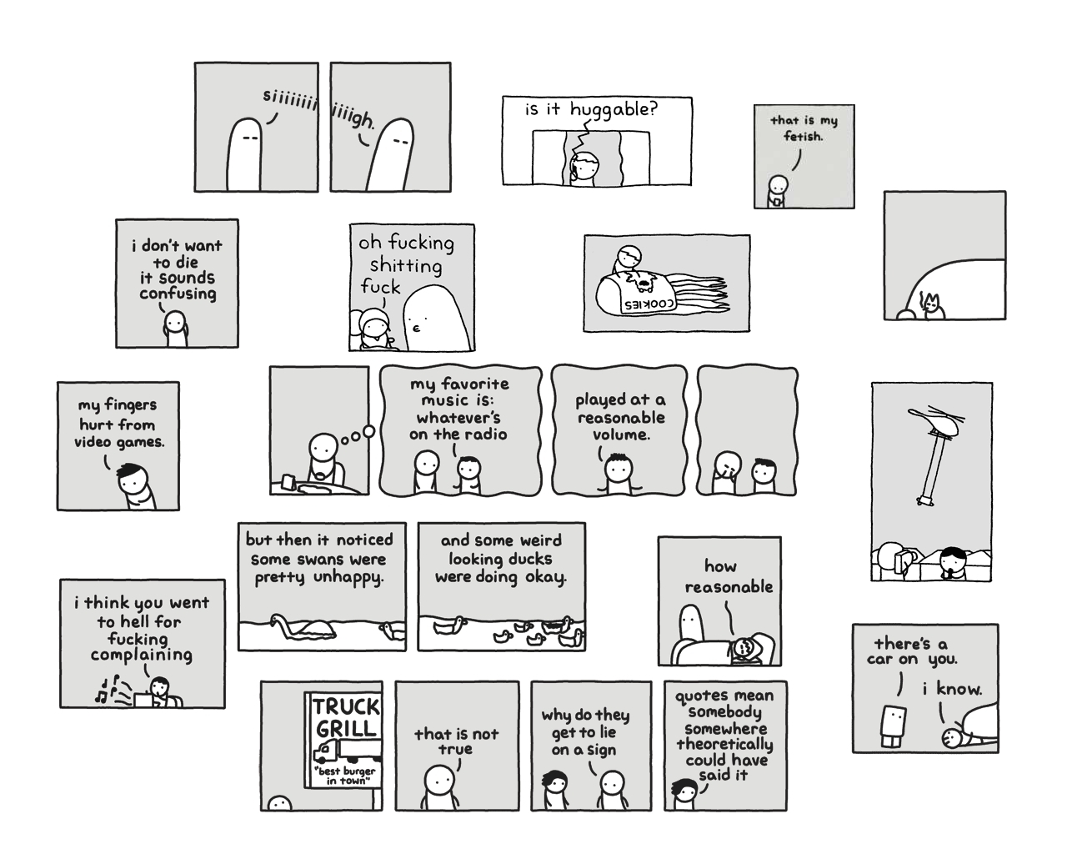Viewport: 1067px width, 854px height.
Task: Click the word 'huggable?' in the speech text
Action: [x=614, y=109]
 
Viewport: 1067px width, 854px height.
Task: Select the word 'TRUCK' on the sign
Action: [x=346, y=706]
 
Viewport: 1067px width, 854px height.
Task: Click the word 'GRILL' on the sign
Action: [x=346, y=728]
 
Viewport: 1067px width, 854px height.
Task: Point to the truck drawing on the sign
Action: [x=347, y=751]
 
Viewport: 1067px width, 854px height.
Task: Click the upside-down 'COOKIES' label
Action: [x=649, y=304]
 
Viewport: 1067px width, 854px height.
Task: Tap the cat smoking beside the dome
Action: [x=933, y=306]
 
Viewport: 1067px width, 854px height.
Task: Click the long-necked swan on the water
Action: [x=303, y=628]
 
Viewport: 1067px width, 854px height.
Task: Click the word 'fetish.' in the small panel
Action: [x=804, y=136]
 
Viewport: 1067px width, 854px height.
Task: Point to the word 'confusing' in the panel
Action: [x=178, y=294]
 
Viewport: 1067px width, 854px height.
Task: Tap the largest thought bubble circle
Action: [x=368, y=431]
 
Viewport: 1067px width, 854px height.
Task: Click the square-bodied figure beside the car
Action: [x=893, y=726]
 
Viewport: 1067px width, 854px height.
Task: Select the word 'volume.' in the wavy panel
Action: [x=621, y=435]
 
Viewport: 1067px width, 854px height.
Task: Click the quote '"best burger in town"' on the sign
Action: [x=347, y=776]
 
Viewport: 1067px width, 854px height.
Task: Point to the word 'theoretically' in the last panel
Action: [x=725, y=745]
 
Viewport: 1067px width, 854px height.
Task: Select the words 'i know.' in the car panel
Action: [x=952, y=689]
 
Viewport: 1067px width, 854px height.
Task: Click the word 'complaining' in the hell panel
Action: [x=142, y=655]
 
